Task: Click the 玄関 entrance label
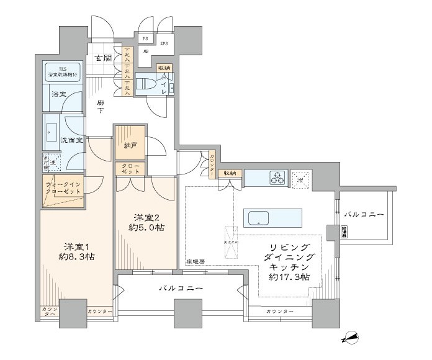click(x=102, y=59)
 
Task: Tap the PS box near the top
click(x=146, y=38)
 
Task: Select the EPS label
click(x=164, y=43)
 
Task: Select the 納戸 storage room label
click(x=130, y=145)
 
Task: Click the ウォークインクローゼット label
click(x=63, y=189)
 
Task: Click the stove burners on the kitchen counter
click(x=276, y=178)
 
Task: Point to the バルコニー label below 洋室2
click(x=180, y=289)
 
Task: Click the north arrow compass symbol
click(x=351, y=338)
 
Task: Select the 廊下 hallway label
click(x=100, y=107)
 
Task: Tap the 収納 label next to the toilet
click(x=163, y=68)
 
